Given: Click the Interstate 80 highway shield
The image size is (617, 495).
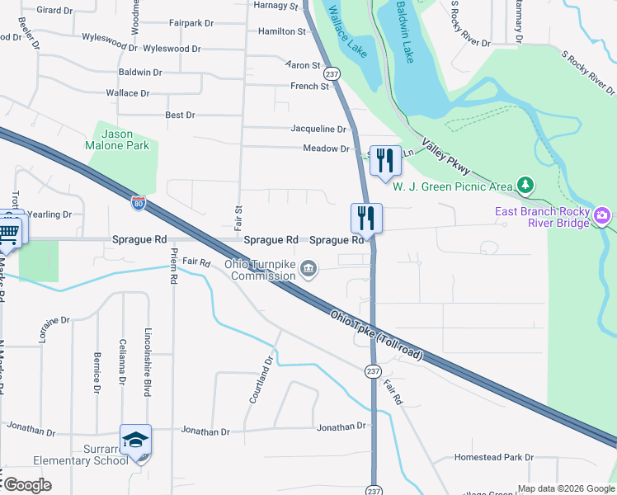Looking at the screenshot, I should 139,201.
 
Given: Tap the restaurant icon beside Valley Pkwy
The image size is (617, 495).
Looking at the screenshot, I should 384,161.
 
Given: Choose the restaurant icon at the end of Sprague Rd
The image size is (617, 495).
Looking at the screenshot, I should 365,219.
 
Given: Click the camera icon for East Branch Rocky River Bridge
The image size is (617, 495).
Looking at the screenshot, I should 602,217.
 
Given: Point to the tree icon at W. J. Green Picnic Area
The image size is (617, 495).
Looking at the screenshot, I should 523,184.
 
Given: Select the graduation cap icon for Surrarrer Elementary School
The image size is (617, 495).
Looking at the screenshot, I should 135,441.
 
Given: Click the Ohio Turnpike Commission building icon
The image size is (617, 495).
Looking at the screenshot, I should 308,267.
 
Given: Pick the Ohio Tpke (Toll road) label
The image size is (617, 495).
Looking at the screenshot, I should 376,334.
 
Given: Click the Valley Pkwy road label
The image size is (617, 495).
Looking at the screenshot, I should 445,157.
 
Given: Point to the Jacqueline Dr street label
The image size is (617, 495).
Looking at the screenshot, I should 318,129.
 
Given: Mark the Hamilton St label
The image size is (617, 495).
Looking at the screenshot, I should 281,31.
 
